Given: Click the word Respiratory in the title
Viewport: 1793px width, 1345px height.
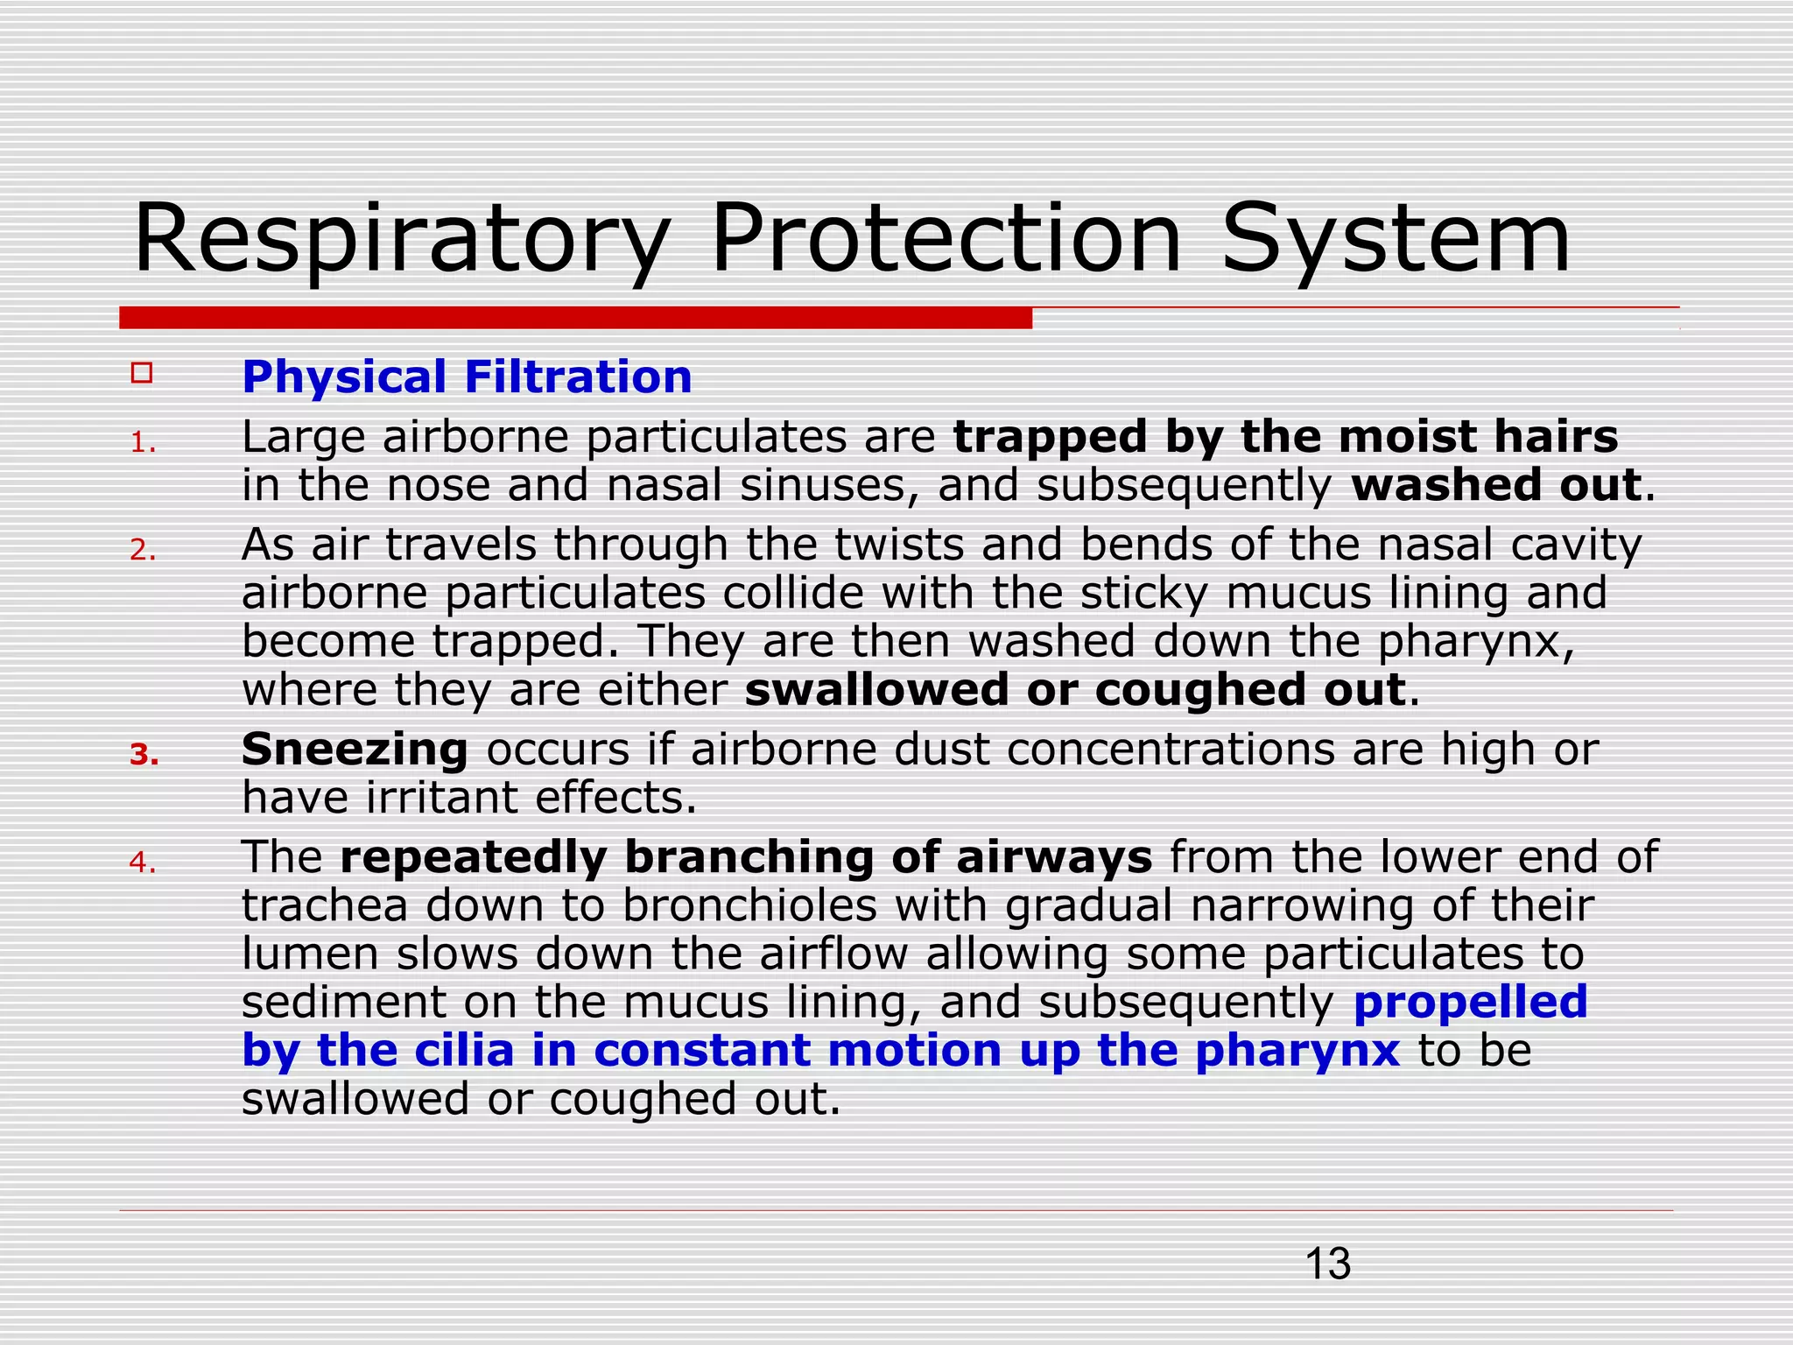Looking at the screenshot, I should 401,239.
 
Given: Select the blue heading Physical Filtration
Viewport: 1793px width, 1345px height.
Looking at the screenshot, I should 467,377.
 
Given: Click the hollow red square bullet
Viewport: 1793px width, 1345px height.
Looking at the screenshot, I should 142,373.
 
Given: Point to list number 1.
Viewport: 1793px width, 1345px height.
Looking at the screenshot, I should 143,444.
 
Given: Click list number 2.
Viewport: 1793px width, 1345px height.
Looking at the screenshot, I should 143,551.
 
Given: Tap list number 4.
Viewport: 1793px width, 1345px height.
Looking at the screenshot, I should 142,863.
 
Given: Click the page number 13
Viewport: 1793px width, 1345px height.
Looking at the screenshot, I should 1327,1264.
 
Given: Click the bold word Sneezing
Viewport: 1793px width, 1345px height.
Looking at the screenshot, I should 355,750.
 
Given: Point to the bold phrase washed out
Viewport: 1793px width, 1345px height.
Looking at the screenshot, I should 1495,486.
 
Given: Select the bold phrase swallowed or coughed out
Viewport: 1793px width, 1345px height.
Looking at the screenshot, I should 1075,690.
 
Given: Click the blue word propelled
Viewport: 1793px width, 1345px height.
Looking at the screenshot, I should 1470,1002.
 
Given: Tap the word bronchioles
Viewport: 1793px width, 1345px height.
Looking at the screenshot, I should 749,905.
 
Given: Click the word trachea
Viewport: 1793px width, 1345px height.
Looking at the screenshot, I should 325,905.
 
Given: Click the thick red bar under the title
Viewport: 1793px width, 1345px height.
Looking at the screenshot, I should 575,318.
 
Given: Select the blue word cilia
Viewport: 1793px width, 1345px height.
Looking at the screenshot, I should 464,1050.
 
